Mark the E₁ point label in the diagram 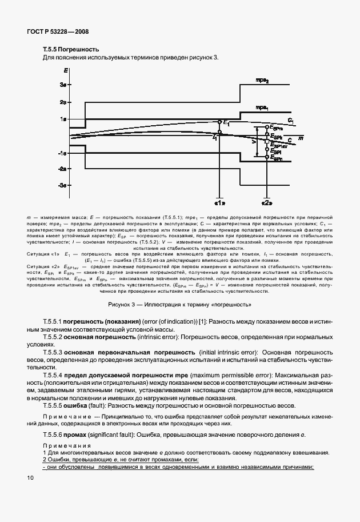(226, 123)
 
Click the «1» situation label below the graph (219, 202)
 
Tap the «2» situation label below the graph (266, 202)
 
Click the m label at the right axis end (300, 138)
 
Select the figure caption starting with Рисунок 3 (180, 304)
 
